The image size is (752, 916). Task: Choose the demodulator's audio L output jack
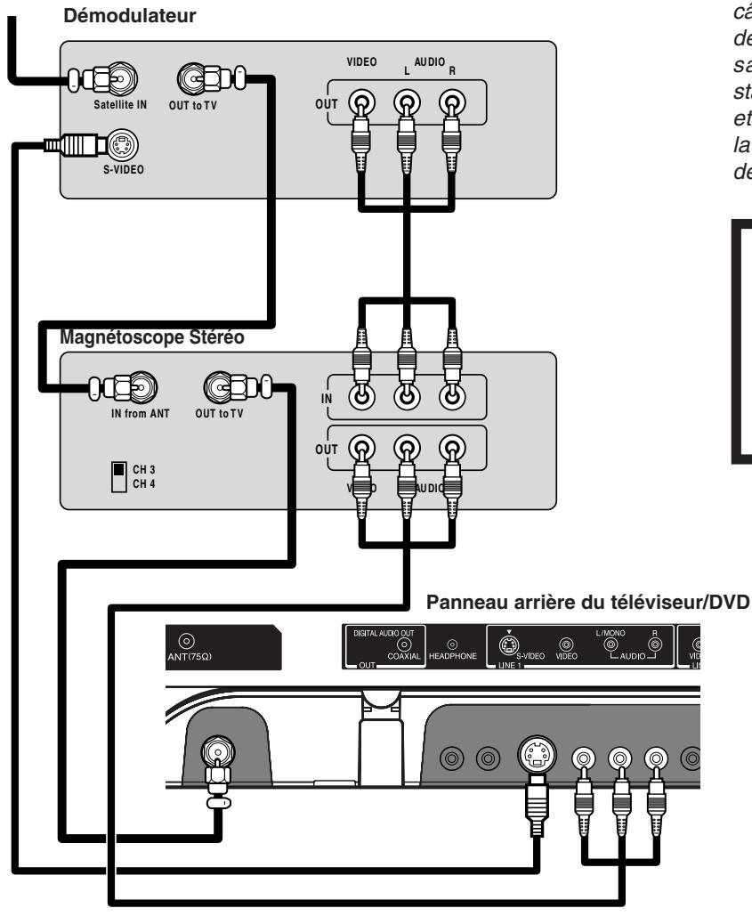[x=407, y=104]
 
